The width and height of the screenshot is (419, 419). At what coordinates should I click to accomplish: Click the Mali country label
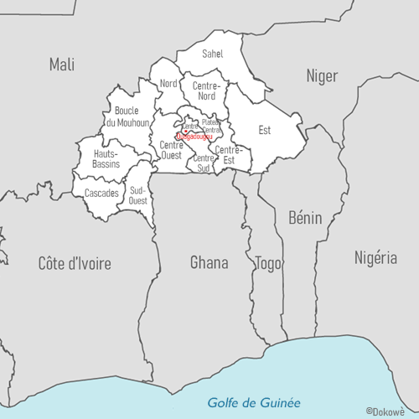tap(62, 64)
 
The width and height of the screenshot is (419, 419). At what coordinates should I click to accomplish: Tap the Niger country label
tap(321, 76)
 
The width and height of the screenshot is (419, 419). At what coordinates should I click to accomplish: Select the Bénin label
tap(305, 218)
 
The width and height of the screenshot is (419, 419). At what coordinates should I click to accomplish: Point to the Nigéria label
tap(375, 257)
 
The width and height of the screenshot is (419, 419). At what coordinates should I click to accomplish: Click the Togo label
tap(267, 262)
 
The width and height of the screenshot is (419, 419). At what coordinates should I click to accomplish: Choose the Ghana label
tap(209, 262)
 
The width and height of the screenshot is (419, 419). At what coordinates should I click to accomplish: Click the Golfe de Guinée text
tap(253, 402)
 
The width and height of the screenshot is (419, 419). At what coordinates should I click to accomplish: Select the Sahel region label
tap(213, 54)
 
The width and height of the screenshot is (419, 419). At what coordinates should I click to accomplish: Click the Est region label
tap(265, 130)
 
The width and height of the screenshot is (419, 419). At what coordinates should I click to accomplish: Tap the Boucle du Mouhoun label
tap(127, 117)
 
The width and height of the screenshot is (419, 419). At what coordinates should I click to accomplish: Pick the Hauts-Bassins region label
tap(106, 158)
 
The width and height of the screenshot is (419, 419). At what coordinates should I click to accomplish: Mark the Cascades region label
tap(101, 193)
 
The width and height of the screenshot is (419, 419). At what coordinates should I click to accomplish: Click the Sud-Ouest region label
tap(138, 195)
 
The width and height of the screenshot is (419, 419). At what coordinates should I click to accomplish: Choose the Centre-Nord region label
tap(206, 91)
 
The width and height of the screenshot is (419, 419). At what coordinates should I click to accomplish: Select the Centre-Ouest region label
tap(171, 150)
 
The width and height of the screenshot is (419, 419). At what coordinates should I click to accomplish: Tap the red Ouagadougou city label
tap(195, 137)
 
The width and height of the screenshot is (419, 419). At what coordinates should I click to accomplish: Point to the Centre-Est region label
tap(229, 154)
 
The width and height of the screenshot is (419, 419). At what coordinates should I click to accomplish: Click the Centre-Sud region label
tap(203, 163)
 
